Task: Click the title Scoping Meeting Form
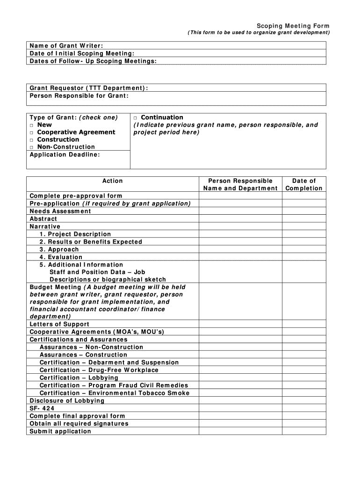tap(293, 26)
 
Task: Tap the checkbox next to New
tap(32, 125)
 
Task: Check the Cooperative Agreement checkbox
tap(32, 133)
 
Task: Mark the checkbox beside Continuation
tap(136, 118)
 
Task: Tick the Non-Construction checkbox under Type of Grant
tap(32, 147)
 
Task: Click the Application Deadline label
tap(65, 154)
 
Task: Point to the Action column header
tap(113, 181)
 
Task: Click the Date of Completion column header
tap(304, 185)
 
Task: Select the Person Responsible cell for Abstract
tap(240, 219)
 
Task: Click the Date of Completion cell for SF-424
tap(304, 408)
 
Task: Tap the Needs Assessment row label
tap(60, 211)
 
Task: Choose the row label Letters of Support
tap(59, 324)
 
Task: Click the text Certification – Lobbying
tap(79, 378)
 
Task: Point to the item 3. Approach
tap(59, 250)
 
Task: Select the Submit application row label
tap(60, 431)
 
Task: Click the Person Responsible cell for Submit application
tap(240, 431)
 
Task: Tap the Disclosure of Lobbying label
tap(67, 401)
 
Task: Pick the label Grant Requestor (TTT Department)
tap(89, 88)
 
